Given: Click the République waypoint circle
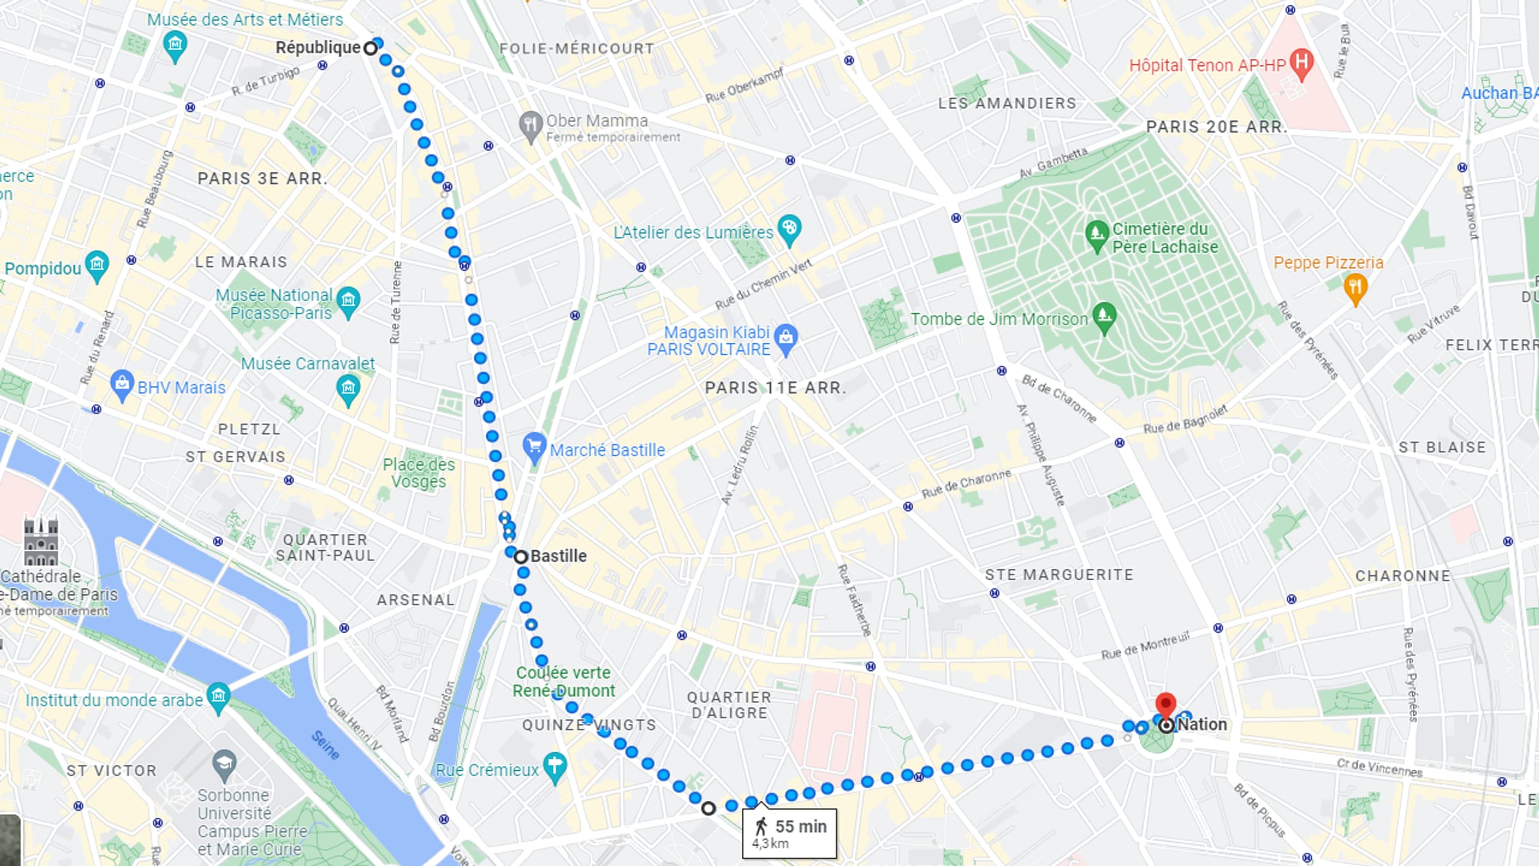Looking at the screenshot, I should tap(371, 48).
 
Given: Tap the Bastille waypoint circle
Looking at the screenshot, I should tap(521, 557).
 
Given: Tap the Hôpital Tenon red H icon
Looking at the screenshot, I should tap(1301, 63).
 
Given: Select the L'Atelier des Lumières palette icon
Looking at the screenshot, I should tap(789, 229).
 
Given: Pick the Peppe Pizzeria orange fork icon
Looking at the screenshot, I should tap(1355, 288).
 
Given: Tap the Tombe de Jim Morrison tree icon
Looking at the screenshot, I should tap(1104, 317).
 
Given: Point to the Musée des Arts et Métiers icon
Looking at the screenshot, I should tap(175, 45).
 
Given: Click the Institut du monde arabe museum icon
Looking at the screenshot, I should tap(218, 697).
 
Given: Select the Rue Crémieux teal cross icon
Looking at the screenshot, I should tap(555, 767).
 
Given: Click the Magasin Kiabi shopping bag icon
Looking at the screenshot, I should tap(786, 339).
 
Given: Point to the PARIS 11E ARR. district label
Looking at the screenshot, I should tap(775, 388).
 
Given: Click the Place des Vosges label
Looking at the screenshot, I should tap(418, 473).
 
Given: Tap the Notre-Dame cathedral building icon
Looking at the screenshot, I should tap(41, 542).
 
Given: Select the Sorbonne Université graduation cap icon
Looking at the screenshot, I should tap(224, 764).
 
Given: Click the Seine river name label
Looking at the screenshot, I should tap(325, 746).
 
